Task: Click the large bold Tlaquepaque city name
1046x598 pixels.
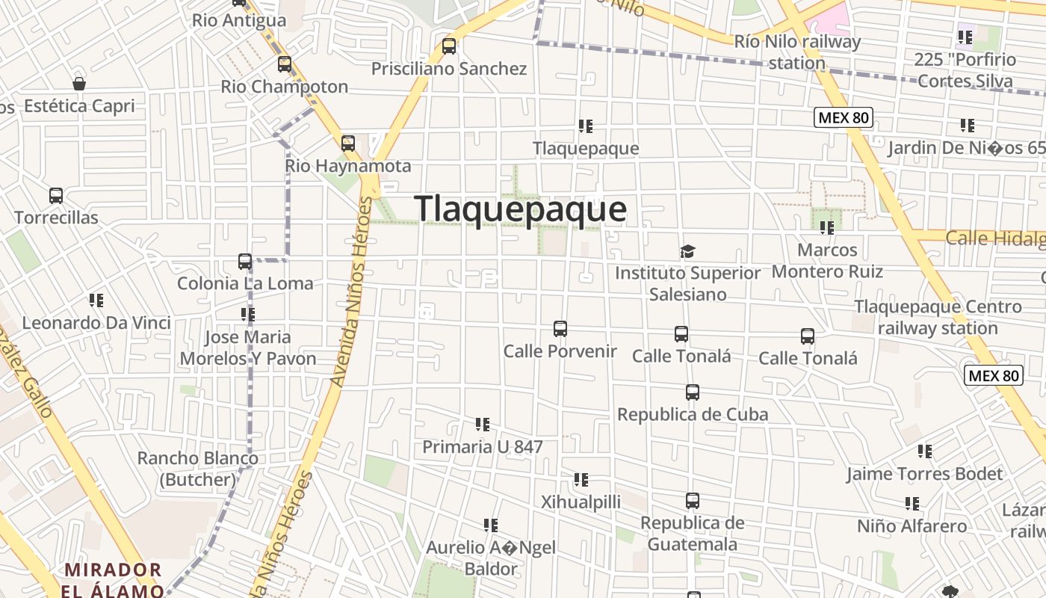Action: tap(520, 209)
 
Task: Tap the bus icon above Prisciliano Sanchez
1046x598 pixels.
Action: tap(449, 46)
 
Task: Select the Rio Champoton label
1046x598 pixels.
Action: tap(284, 87)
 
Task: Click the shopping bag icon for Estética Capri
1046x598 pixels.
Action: tap(79, 84)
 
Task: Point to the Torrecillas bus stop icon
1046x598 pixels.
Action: tap(56, 196)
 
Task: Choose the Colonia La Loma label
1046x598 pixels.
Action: tap(245, 283)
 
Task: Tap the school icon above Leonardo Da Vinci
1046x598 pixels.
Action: tap(96, 300)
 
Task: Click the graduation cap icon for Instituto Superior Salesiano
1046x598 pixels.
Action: tap(687, 252)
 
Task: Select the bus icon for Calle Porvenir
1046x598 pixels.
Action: tap(560, 329)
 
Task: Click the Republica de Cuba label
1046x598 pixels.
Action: tap(693, 414)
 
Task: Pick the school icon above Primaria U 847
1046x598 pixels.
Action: tap(483, 425)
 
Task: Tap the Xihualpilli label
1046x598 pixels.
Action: tap(581, 502)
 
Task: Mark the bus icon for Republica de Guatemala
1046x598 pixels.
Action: tap(693, 501)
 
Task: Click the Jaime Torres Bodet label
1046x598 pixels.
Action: tap(924, 474)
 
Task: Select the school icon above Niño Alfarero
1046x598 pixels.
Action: tap(912, 504)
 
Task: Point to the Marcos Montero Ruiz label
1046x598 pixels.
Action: tap(827, 260)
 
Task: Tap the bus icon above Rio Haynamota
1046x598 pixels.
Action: tap(348, 144)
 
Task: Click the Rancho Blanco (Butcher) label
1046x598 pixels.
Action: tap(198, 469)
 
